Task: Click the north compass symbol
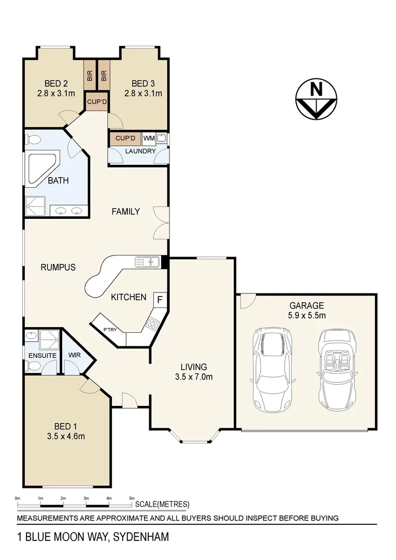[316, 98]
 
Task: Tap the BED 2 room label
[56, 83]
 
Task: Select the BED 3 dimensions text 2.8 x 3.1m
[143, 94]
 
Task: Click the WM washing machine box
[149, 138]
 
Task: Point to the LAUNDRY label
[139, 151]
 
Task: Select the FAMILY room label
[126, 212]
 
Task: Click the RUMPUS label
[58, 268]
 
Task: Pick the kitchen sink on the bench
[147, 262]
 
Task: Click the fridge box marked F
[160, 300]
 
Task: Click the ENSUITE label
[43, 356]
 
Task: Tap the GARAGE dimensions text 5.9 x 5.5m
[307, 315]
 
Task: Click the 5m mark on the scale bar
[132, 498]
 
